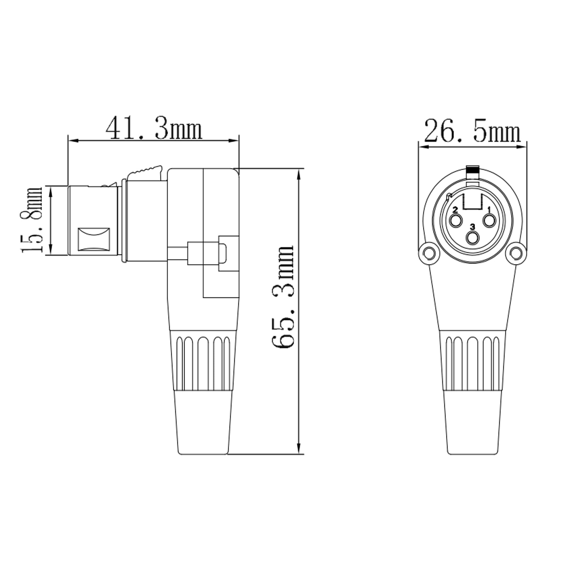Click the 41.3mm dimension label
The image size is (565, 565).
[154, 129]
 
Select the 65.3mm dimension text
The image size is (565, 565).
[283, 297]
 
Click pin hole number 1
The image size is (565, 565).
[489, 221]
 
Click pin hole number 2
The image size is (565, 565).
[456, 221]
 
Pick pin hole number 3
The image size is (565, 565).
[472, 238]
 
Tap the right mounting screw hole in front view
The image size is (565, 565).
[516, 252]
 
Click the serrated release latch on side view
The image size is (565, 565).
[145, 172]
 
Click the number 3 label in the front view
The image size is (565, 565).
[472, 227]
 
